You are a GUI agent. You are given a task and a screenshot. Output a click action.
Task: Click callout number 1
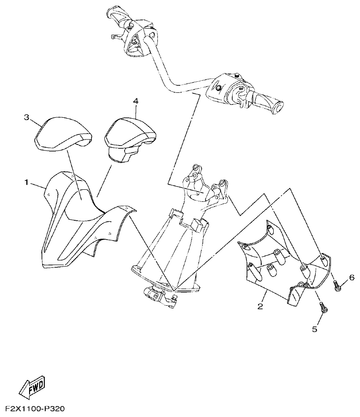click(27, 183)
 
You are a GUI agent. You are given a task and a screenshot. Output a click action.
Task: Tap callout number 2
click(260, 307)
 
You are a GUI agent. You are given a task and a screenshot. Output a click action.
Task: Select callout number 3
click(27, 117)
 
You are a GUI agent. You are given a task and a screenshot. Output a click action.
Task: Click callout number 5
click(315, 330)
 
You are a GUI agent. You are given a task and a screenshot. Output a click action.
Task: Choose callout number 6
click(351, 278)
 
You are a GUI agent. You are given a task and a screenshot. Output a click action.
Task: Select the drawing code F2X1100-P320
click(35, 409)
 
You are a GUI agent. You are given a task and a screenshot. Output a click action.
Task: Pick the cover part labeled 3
click(62, 133)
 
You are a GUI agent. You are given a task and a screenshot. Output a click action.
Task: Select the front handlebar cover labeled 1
click(78, 222)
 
